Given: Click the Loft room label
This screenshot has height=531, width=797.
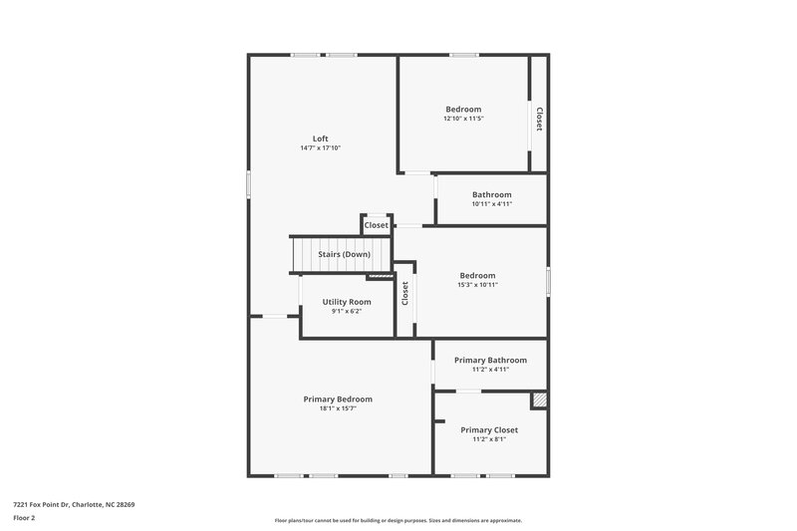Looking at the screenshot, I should click(320, 138).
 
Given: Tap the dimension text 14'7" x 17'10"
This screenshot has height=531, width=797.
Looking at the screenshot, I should click(320, 148).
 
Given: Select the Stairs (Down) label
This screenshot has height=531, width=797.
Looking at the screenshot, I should click(344, 254).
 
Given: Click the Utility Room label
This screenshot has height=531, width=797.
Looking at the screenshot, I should click(347, 302).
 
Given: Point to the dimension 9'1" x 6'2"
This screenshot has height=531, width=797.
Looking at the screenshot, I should click(347, 312).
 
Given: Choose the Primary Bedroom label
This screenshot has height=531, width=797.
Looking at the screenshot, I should click(338, 398).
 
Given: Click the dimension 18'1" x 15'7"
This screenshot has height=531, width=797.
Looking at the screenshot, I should click(338, 408).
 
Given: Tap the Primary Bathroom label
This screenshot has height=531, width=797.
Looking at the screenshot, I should click(490, 360).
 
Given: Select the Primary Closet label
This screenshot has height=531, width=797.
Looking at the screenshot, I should click(489, 430).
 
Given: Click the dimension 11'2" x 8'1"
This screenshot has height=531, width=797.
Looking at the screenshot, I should click(489, 440).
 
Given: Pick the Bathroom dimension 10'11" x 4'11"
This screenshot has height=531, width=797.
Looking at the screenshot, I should click(492, 204).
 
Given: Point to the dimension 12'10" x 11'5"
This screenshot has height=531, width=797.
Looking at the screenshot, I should click(463, 119).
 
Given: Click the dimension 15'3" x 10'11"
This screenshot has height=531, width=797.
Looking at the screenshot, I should click(477, 285).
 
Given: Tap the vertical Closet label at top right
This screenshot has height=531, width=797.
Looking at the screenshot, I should click(539, 120).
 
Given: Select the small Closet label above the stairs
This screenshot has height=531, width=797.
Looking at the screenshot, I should click(376, 225).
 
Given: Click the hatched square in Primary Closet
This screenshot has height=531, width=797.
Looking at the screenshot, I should click(539, 399).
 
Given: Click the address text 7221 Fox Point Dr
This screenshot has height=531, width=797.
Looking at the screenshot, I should click(74, 504).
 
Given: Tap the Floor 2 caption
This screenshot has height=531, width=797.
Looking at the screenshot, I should click(24, 518).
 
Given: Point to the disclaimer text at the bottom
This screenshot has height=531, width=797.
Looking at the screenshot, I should click(398, 520).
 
